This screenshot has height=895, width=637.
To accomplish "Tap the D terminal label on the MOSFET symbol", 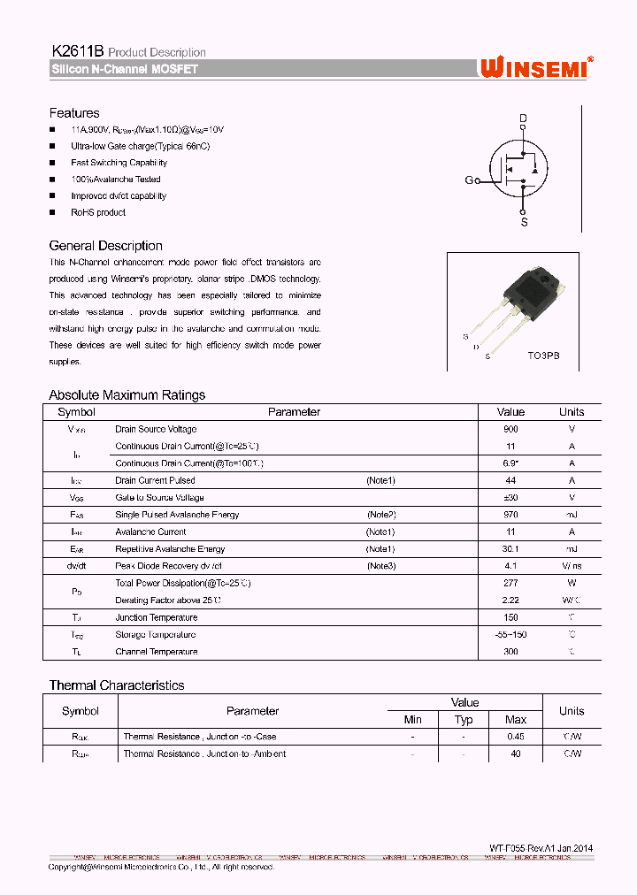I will point(523,118).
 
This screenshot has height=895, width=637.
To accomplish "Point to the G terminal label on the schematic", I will point(469,180).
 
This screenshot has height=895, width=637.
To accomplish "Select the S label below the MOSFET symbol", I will point(524,223).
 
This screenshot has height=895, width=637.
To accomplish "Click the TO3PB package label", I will point(543,355).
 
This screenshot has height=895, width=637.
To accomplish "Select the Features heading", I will point(74,113).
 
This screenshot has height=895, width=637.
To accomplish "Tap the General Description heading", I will point(105,246).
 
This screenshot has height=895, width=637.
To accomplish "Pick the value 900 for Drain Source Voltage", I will point(510,429).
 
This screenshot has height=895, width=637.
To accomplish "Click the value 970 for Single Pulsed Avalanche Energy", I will point(510,515).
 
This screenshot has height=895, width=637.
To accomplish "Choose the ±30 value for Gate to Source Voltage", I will point(510,498).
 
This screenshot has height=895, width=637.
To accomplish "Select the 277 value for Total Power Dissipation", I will point(510,583).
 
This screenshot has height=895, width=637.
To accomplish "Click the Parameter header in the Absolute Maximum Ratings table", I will point(294,412).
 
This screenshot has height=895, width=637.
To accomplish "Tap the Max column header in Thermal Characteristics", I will point(516,720).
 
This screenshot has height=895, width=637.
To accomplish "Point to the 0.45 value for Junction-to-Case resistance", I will point(516,737).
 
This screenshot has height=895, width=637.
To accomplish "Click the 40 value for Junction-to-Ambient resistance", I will point(516,754).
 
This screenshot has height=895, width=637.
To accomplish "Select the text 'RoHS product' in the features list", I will point(98,212).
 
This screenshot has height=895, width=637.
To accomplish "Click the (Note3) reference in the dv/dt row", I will point(380,566).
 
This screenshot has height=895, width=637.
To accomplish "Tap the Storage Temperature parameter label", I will point(155,635).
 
